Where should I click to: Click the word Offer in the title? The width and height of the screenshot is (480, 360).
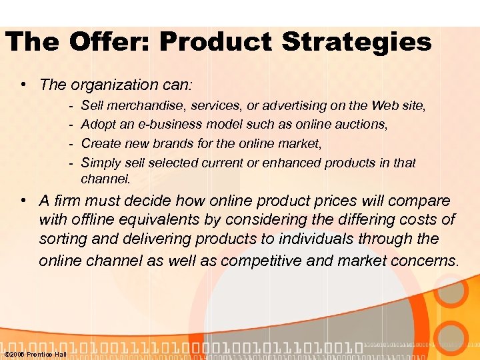point(111,43)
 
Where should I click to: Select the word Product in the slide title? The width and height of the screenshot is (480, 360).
point(217,43)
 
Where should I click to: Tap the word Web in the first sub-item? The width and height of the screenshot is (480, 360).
point(387,105)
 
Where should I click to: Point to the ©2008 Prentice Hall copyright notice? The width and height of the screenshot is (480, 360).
point(35,354)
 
